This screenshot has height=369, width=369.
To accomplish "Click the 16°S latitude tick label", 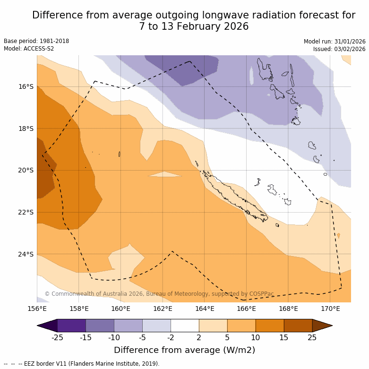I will [26, 87].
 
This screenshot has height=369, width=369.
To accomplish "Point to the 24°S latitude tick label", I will [26, 254].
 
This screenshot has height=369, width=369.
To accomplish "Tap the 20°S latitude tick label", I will [26, 171].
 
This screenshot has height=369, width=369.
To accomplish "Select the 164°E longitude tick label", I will [205, 309].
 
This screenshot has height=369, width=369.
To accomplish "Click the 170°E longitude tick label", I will [330, 309].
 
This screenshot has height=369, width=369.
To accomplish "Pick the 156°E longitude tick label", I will [37, 309].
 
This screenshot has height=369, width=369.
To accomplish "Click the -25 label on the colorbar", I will [57, 337].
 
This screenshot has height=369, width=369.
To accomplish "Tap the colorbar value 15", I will [284, 337].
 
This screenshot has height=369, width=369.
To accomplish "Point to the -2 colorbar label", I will [171, 337].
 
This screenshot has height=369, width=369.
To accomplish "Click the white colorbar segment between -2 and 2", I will [185, 326].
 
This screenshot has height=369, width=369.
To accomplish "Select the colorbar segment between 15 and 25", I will [298, 326].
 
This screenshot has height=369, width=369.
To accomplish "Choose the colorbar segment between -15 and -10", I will [100, 326].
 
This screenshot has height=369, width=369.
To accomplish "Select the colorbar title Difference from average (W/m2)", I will [184, 350].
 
